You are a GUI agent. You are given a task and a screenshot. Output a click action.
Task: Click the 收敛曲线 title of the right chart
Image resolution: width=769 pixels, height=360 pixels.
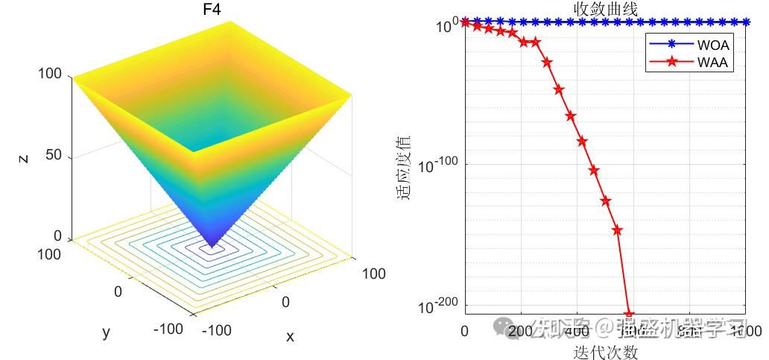pyautogui.click(x=606, y=8)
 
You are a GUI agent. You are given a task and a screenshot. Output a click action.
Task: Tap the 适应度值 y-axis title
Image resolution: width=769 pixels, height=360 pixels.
pyautogui.click(x=405, y=168)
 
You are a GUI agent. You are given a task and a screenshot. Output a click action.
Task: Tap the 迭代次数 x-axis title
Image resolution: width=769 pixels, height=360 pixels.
pyautogui.click(x=606, y=351)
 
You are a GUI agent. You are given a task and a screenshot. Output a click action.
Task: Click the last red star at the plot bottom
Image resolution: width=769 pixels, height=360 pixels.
pyautogui.click(x=629, y=315)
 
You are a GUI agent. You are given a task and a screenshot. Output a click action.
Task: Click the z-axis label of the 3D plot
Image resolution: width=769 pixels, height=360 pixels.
pyautogui.click(x=25, y=157)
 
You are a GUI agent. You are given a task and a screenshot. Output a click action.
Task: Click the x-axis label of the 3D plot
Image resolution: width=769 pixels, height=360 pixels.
pyautogui.click(x=290, y=337)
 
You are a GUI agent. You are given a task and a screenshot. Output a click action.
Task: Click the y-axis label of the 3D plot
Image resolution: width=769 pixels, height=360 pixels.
pyautogui.click(x=106, y=332)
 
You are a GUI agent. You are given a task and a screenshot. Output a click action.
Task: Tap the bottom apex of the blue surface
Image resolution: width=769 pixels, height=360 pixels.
pyautogui.click(x=212, y=247)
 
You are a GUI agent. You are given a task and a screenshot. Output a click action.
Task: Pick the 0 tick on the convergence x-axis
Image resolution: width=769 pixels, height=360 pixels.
pyautogui.click(x=465, y=331)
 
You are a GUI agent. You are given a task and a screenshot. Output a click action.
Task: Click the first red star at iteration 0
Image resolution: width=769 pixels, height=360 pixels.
pyautogui.click(x=466, y=22)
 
